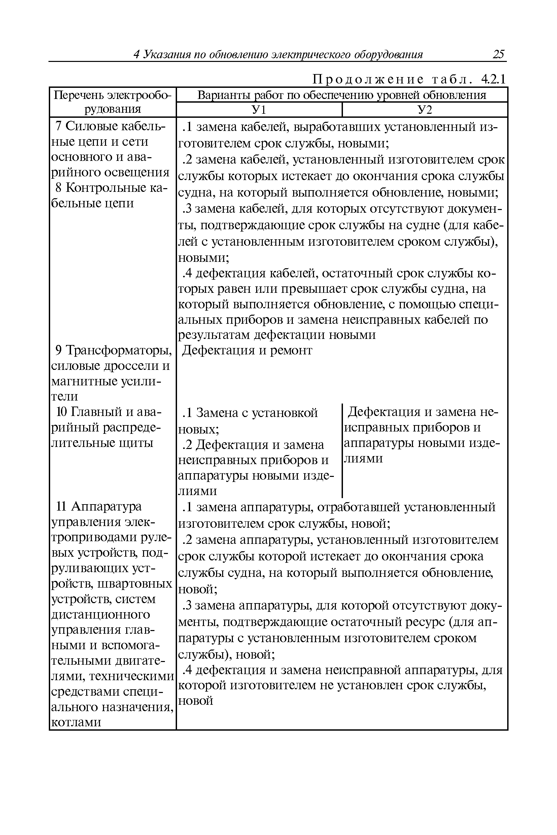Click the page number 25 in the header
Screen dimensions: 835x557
click(498, 54)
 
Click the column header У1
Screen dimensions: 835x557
click(258, 110)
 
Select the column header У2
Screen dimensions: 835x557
click(424, 110)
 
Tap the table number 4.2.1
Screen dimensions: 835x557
click(493, 79)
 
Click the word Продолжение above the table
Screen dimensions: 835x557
click(368, 79)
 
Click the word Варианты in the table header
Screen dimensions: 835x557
click(223, 95)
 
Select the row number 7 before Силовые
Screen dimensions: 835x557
click(59, 126)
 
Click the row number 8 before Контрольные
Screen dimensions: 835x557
click(60, 187)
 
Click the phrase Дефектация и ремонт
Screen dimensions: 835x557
click(247, 351)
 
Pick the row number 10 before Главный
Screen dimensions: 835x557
click(62, 412)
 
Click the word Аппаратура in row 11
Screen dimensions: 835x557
click(106, 506)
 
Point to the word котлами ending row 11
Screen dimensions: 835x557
click(76, 722)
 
